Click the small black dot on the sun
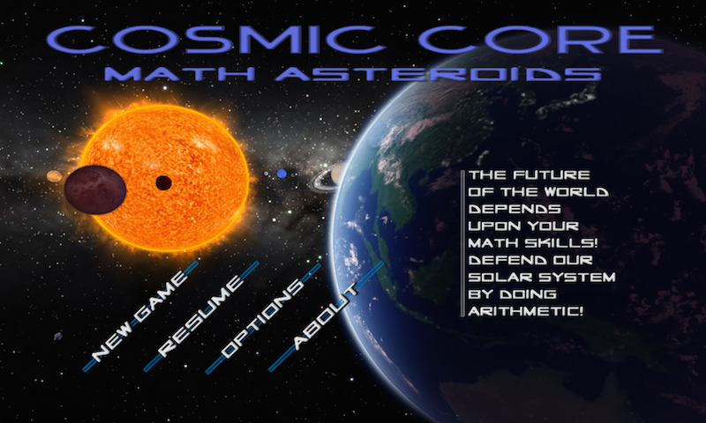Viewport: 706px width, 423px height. point(163,183)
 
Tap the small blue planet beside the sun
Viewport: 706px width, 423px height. point(282,174)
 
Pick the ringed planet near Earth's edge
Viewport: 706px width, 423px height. point(333,176)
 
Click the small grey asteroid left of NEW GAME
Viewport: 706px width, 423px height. point(58,336)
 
